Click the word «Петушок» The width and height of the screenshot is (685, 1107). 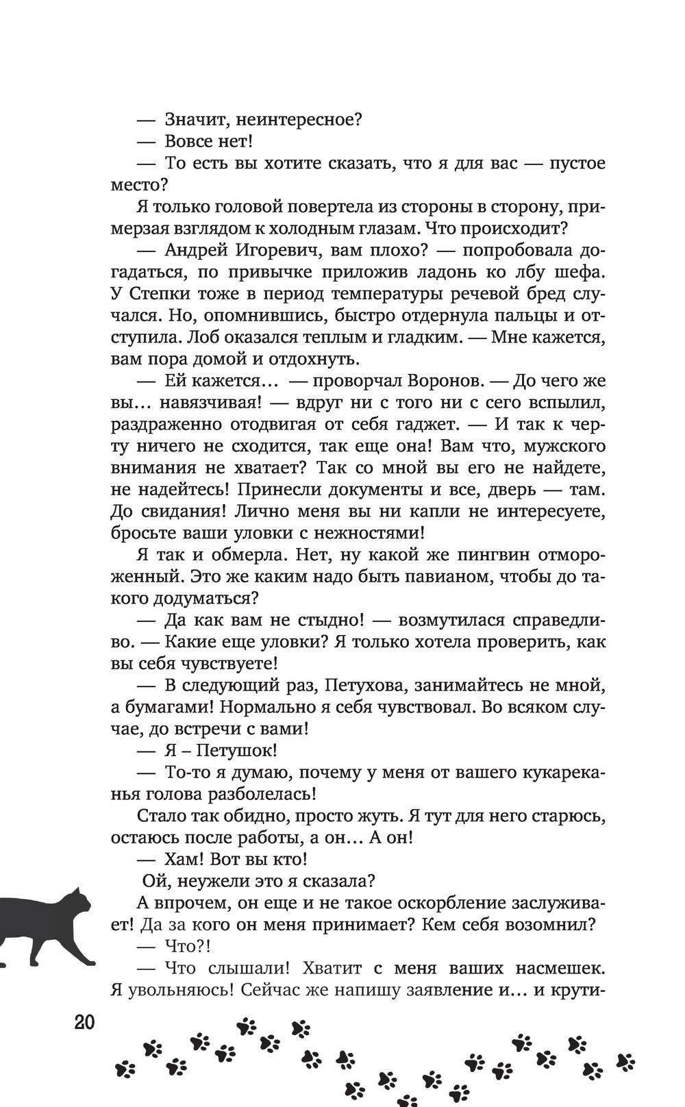(x=230, y=750)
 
